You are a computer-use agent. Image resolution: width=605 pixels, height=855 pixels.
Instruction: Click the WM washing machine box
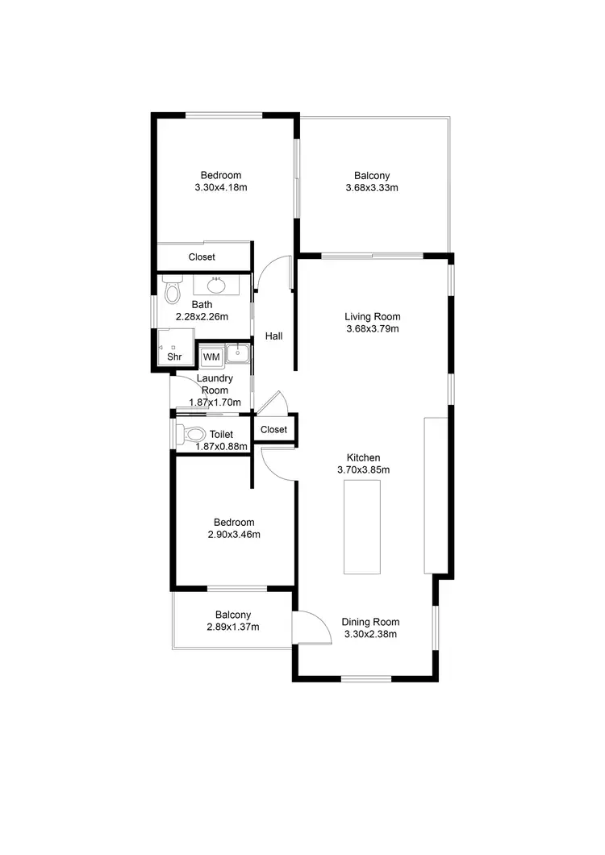point(211,357)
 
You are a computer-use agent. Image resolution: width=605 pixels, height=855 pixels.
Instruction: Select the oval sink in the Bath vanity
point(216,285)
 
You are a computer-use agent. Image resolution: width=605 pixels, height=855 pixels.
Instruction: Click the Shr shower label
point(174,357)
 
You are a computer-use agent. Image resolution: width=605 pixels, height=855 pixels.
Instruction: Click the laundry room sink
point(239,352)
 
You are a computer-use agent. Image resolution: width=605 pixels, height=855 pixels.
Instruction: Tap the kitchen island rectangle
point(362,526)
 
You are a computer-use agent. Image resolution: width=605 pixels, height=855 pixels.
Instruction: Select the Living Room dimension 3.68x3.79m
point(373,328)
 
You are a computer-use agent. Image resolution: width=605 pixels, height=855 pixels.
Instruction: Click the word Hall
point(273,336)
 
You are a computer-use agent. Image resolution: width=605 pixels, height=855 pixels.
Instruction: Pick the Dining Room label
point(370,622)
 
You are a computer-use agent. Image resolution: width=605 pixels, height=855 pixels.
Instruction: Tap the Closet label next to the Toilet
point(274,430)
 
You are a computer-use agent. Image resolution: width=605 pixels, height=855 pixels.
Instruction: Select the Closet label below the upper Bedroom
point(202,257)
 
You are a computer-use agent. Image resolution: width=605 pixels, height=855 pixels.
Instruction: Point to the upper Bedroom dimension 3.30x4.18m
point(220,187)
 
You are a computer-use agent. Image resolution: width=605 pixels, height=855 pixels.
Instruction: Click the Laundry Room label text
point(215,384)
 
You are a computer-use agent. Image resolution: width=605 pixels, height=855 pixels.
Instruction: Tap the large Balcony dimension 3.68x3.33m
point(372,188)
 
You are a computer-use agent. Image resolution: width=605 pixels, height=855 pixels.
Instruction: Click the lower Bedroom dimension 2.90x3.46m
point(233,534)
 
